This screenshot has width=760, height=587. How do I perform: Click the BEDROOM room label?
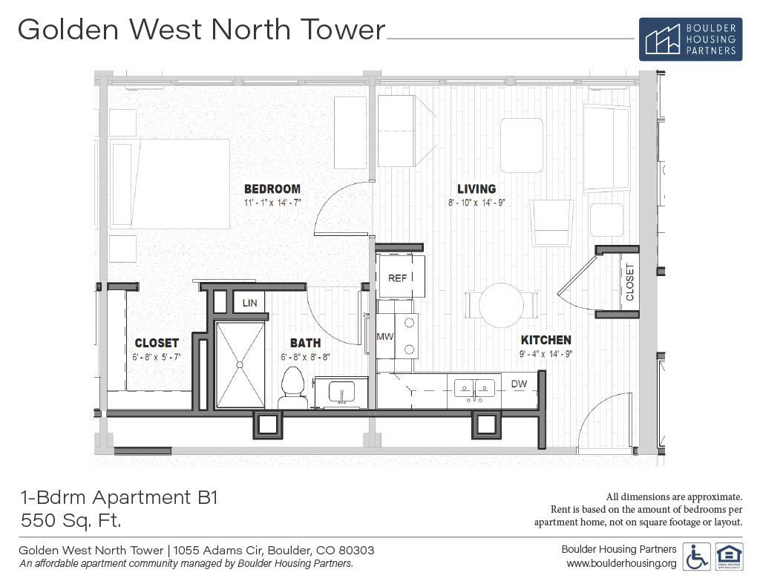pyautogui.click(x=272, y=189)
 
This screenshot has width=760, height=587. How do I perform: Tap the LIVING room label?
pyautogui.click(x=476, y=189)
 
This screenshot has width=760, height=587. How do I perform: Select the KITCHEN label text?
pyautogui.click(x=546, y=340)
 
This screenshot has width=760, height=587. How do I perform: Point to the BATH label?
pyautogui.click(x=305, y=343)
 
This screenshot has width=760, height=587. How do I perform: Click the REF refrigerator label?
pyautogui.click(x=398, y=278)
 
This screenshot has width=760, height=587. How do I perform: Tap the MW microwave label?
pyautogui.click(x=385, y=336)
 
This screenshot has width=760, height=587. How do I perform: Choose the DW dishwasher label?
pyautogui.click(x=519, y=384)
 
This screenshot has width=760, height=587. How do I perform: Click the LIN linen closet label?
pyautogui.click(x=249, y=303)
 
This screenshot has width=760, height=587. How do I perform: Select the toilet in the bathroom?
pyautogui.click(x=292, y=388)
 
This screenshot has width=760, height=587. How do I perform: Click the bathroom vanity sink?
pyautogui.click(x=341, y=392)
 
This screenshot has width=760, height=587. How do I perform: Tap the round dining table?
pyautogui.click(x=501, y=306)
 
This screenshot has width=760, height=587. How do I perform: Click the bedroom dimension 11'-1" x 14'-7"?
pyautogui.click(x=272, y=203)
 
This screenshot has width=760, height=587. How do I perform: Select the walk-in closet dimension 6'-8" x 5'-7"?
pyautogui.click(x=157, y=357)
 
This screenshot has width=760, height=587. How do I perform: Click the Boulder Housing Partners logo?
pyautogui.click(x=690, y=39)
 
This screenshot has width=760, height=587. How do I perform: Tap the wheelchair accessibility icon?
pyautogui.click(x=696, y=557)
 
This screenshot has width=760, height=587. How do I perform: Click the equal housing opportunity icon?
pyautogui.click(x=729, y=557)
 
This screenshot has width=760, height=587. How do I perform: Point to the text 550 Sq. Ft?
pyautogui.click(x=71, y=521)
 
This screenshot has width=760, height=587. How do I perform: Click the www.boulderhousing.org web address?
pyautogui.click(x=621, y=563)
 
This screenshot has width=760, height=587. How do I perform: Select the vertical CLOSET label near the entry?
pyautogui.click(x=630, y=282)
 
